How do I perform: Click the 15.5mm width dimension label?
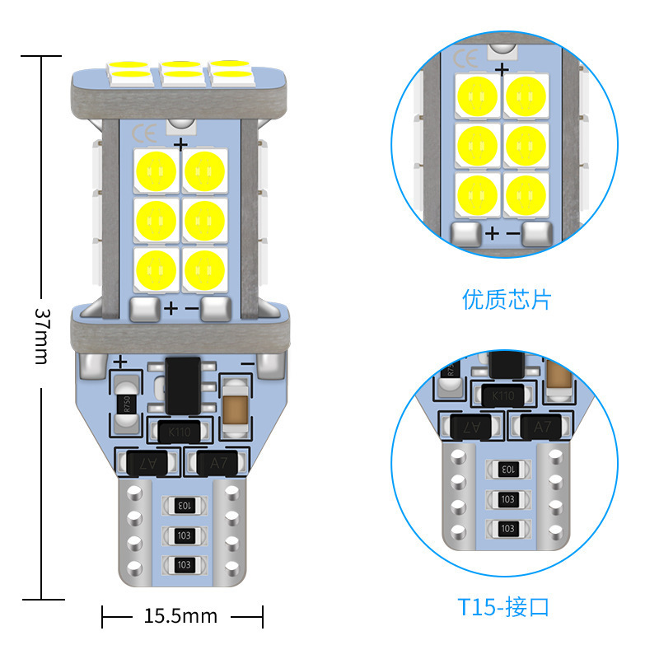(x=180, y=615)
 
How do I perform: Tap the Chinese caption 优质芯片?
(x=506, y=299)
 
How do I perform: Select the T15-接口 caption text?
(x=503, y=608)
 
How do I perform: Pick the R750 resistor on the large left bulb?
(x=127, y=404)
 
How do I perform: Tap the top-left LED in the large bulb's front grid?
(x=156, y=170)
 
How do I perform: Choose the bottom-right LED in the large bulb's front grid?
(x=203, y=269)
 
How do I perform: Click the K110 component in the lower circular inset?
(x=502, y=396)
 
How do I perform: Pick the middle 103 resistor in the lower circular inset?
(x=507, y=499)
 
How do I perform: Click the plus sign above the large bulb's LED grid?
(x=180, y=144)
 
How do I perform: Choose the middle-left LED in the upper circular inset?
(x=477, y=143)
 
